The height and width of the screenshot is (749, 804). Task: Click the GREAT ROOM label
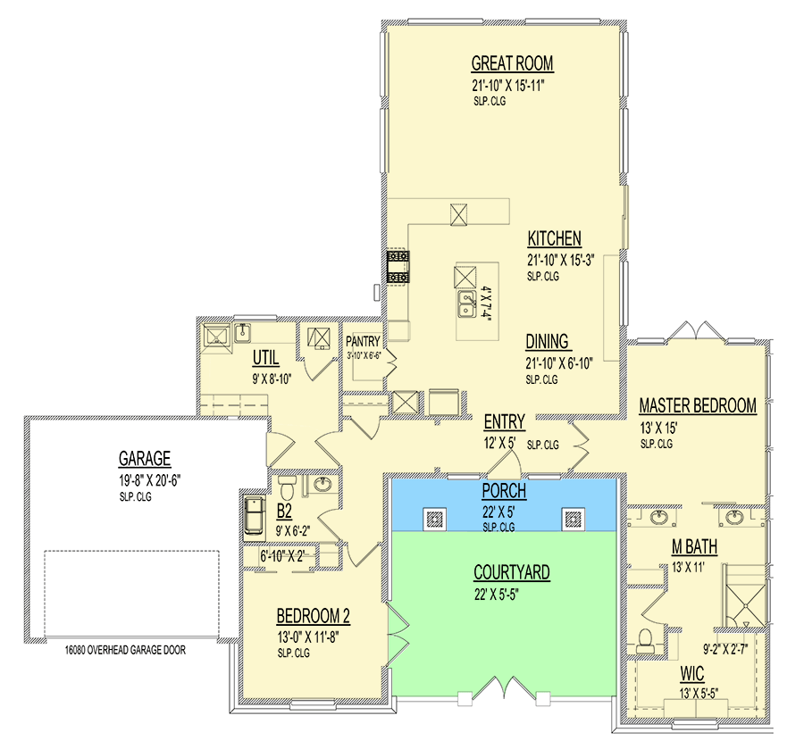(512, 63)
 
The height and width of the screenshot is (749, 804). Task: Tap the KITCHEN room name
(554, 238)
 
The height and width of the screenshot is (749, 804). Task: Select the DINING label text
(547, 341)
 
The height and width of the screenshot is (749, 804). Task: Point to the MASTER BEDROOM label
(698, 405)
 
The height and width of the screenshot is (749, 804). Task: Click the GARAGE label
(145, 458)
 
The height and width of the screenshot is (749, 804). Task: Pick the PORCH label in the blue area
(504, 491)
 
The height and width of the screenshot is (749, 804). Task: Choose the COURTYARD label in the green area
(512, 571)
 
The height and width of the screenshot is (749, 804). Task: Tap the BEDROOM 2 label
(314, 615)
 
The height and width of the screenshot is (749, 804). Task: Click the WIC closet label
(692, 673)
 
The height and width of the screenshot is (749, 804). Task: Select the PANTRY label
(363, 341)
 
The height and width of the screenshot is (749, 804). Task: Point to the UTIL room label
(265, 358)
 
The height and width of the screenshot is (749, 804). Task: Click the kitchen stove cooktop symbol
(398, 267)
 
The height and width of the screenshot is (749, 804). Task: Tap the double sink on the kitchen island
(466, 304)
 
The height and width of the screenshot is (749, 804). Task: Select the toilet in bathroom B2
(287, 487)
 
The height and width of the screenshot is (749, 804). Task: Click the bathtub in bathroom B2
(255, 514)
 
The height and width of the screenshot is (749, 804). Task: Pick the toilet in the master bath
(645, 641)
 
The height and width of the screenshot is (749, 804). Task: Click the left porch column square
(434, 519)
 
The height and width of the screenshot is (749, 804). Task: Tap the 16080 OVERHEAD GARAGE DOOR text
(125, 650)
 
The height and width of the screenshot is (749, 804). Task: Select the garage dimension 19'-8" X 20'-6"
(150, 480)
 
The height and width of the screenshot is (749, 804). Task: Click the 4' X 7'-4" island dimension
(486, 304)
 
